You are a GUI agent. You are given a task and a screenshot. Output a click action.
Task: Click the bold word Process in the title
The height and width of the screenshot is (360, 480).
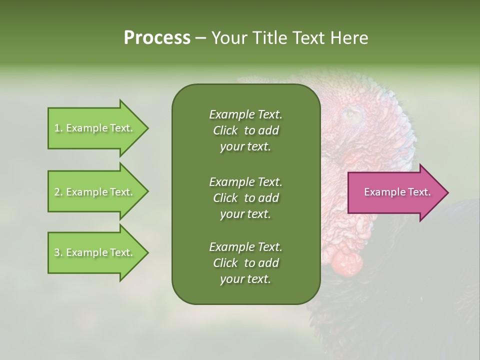tap(157, 38)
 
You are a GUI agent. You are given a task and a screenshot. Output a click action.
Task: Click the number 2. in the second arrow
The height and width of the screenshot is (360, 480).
tap(58, 192)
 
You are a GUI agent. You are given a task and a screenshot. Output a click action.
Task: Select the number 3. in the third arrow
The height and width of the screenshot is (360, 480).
tap(58, 252)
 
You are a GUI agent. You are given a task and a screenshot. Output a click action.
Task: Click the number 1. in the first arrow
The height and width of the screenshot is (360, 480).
tap(58, 128)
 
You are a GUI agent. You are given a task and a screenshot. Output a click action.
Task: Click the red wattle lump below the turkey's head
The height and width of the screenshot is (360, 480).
tap(346, 261)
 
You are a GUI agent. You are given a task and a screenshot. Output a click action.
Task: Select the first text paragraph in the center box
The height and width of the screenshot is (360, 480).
tap(245, 130)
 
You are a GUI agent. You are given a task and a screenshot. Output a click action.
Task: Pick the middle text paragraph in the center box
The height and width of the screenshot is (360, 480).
tap(245, 197)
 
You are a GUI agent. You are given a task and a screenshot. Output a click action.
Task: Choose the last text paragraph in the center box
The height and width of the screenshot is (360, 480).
tap(245, 263)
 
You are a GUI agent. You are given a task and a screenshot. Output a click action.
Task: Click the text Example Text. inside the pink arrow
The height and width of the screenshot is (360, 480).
tap(397, 192)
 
